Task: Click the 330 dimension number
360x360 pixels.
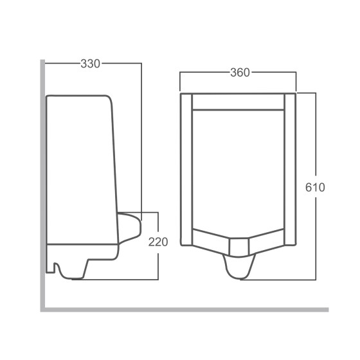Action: pyautogui.click(x=90, y=63)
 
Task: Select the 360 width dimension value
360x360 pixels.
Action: pyautogui.click(x=239, y=73)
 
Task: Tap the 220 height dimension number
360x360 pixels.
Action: pyautogui.click(x=158, y=242)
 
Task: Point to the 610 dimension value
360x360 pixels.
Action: pyautogui.click(x=315, y=187)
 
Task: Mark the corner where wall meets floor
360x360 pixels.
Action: pyautogui.click(x=42, y=309)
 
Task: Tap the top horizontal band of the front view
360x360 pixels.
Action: pyautogui.click(x=238, y=102)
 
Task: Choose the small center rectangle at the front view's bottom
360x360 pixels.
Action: pyautogui.click(x=238, y=245)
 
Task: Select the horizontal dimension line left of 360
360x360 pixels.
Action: pyautogui.click(x=203, y=73)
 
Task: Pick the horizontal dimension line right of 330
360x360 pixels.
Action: pyautogui.click(x=122, y=63)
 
